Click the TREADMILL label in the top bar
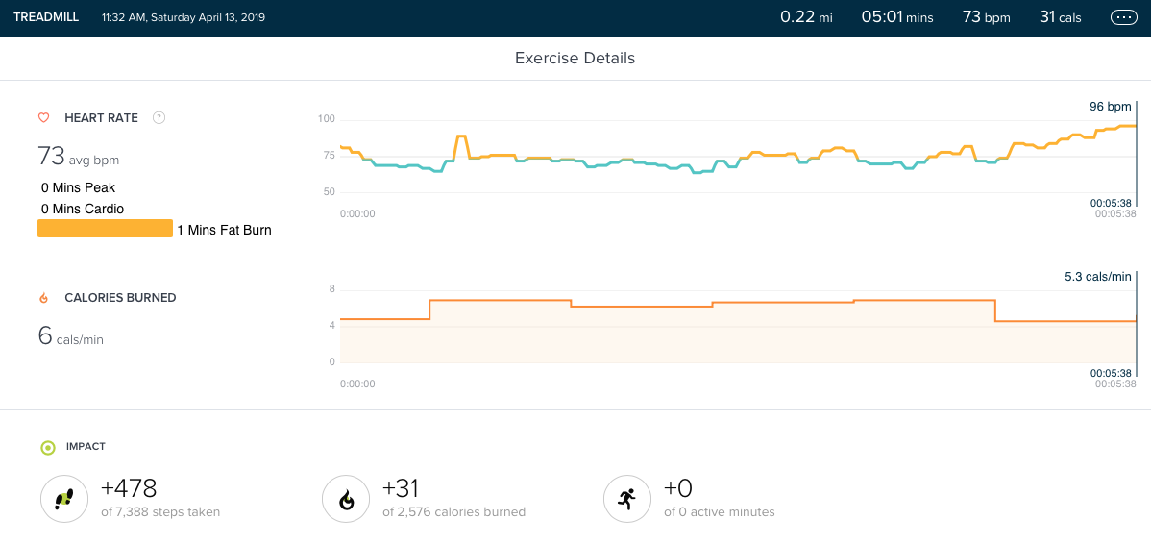[x=46, y=17]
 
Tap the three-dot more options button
[x=1122, y=17]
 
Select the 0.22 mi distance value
[x=805, y=17]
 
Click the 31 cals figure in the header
[x=1060, y=17]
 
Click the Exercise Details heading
[x=575, y=58]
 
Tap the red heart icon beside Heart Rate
[x=43, y=118]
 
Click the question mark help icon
[x=159, y=118]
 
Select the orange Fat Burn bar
[x=105, y=229]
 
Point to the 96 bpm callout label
[x=1110, y=106]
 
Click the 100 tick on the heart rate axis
[x=327, y=119]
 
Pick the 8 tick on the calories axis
[x=332, y=289]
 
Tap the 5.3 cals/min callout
[x=1097, y=277]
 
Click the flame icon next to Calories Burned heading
[x=43, y=298]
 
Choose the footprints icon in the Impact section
[x=63, y=499]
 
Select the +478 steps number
[x=129, y=488]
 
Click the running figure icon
[x=626, y=499]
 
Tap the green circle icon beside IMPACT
[x=47, y=447]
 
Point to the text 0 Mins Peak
[x=78, y=187]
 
